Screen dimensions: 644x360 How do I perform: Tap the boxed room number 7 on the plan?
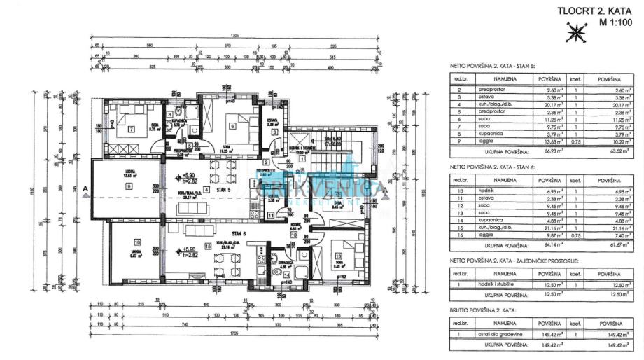click(131, 128)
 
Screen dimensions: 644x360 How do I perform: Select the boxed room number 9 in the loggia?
click(129, 186)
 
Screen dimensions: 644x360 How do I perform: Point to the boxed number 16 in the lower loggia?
click(137, 242)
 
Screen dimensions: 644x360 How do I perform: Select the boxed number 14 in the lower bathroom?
click(287, 275)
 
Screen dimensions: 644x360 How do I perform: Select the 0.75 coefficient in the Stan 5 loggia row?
click(573, 141)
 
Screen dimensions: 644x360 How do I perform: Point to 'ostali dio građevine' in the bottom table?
click(506, 337)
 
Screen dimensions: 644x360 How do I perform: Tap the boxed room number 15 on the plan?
click(208, 247)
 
